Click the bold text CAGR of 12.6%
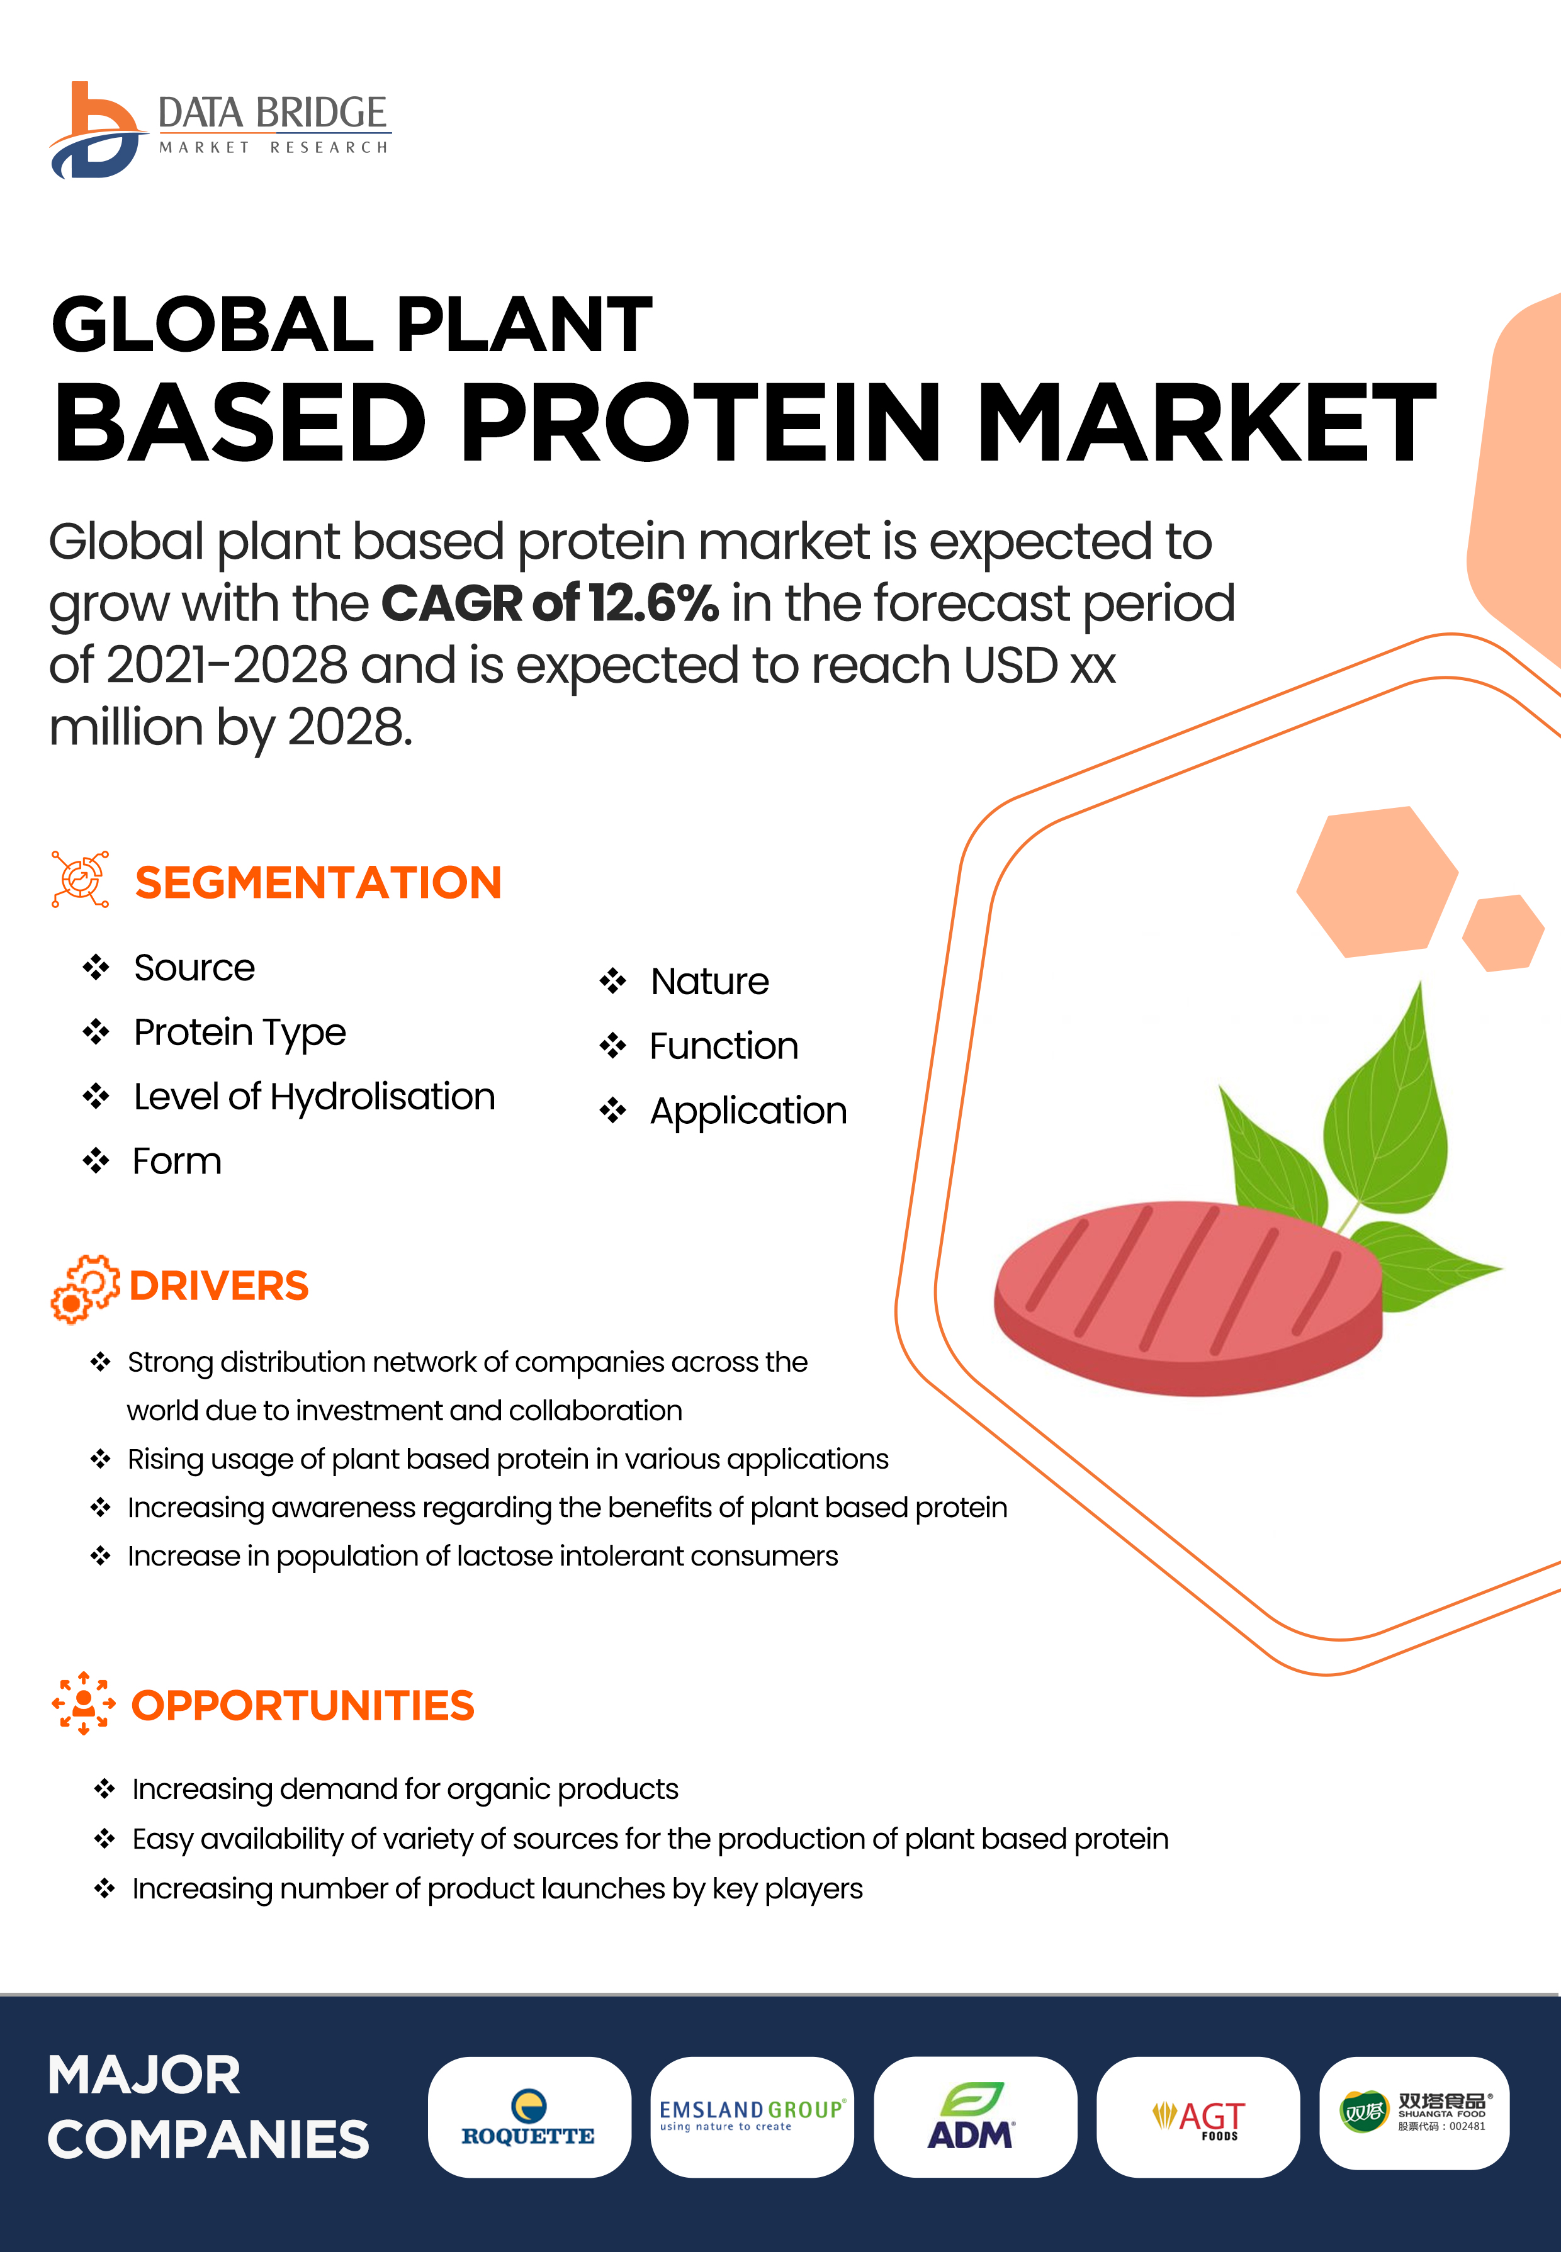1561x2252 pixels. pyautogui.click(x=549, y=602)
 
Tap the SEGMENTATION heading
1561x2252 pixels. pyautogui.click(x=318, y=882)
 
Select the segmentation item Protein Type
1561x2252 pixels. pyautogui.click(x=240, y=1033)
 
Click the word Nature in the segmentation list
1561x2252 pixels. pyautogui.click(x=710, y=981)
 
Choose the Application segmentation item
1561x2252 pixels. pyautogui.click(x=748, y=1111)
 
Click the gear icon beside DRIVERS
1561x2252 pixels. pyautogui.click(x=85, y=1288)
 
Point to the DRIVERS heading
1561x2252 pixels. pyautogui.click(x=219, y=1286)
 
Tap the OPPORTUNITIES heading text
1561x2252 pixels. pyautogui.click(x=303, y=1705)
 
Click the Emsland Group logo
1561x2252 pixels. pyautogui.click(x=751, y=2117)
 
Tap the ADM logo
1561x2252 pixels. pyautogui.click(x=974, y=2117)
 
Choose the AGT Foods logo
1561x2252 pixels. pyautogui.click(x=1198, y=2117)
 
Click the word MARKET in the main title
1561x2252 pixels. pyautogui.click(x=1206, y=422)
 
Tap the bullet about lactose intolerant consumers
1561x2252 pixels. pyautogui.click(x=482, y=1556)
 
